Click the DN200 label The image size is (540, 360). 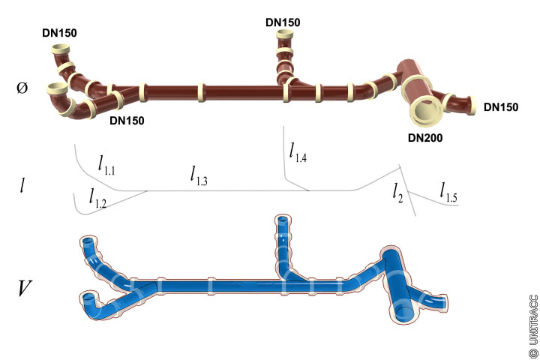tap(425, 137)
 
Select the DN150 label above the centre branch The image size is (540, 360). tap(283, 22)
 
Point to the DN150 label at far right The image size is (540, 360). tap(500, 107)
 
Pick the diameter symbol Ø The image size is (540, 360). tap(22, 88)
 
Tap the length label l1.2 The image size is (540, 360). tap(97, 198)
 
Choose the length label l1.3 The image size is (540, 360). tap(199, 175)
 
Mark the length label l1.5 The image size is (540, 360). tap(448, 192)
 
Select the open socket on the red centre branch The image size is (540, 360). tap(283, 34)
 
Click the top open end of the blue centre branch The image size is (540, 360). tap(282, 220)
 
